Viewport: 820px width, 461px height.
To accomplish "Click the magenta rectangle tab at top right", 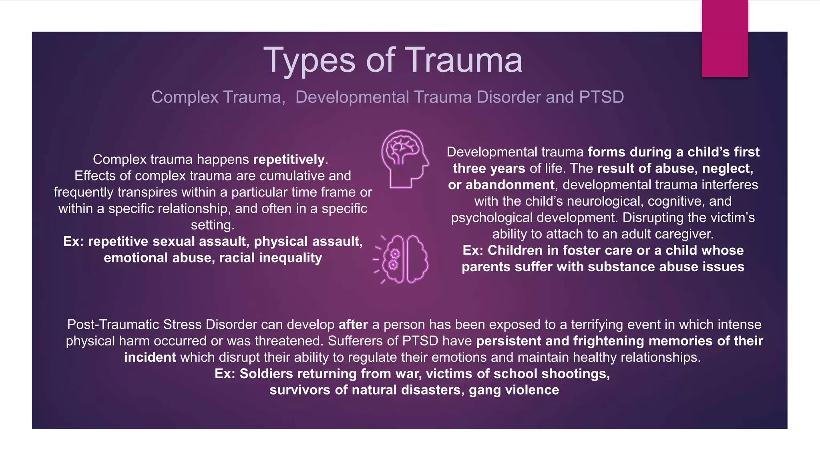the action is pyautogui.click(x=725, y=38).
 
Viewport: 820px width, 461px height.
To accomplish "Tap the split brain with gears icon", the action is pyautogui.click(x=402, y=259).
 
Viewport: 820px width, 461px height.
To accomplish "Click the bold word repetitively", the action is pyautogui.click(x=289, y=159).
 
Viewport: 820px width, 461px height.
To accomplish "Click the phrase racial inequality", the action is pyautogui.click(x=271, y=258).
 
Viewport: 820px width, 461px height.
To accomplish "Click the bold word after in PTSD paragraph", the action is pyautogui.click(x=353, y=325).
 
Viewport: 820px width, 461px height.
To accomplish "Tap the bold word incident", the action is pyautogui.click(x=150, y=357).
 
